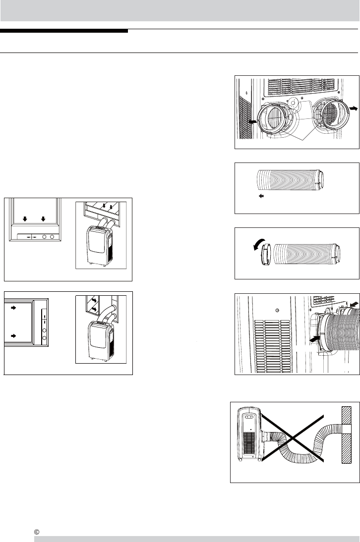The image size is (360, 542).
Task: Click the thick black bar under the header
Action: point(64,31)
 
